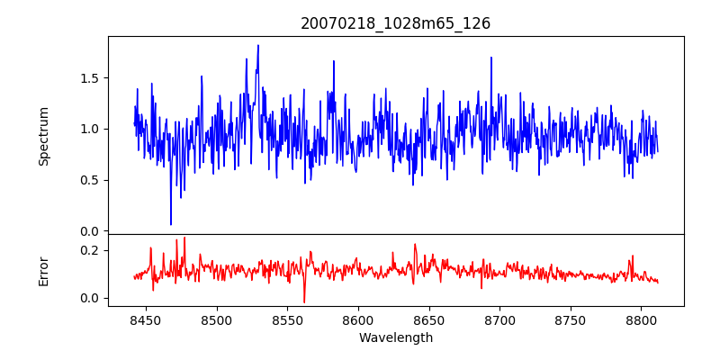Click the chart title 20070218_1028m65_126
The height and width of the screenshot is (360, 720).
coord(395,23)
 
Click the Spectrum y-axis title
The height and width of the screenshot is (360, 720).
coord(43,136)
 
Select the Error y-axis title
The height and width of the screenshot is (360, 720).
coord(43,270)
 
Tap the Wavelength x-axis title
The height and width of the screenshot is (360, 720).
coord(395,338)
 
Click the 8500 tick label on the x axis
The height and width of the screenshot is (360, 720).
coord(217,319)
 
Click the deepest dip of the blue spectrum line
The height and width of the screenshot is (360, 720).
coord(171,224)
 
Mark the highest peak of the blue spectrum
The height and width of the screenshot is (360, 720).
coord(258,45)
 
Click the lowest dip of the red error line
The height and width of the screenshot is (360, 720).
coord(304,302)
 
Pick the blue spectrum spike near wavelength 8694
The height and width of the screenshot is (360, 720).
coord(491,58)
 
